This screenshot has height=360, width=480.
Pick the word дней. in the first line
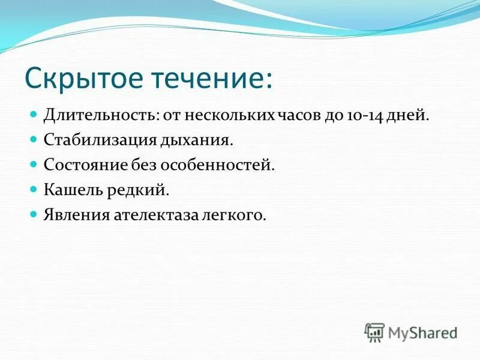408,115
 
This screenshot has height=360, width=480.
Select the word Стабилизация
99,140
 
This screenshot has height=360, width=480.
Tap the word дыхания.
196,140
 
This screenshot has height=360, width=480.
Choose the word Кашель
71,190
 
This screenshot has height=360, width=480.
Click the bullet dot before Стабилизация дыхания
34,139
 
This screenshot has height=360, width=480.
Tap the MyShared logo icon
374,332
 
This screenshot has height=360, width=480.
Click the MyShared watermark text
423,332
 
